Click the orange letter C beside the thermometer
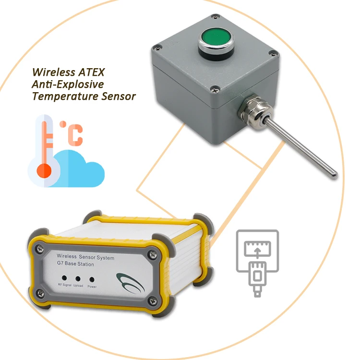coord(75,134)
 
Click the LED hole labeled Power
coord(91,278)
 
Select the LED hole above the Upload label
coord(77,278)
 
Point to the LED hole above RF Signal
coord(63,277)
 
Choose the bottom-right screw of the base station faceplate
coord(152,301)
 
